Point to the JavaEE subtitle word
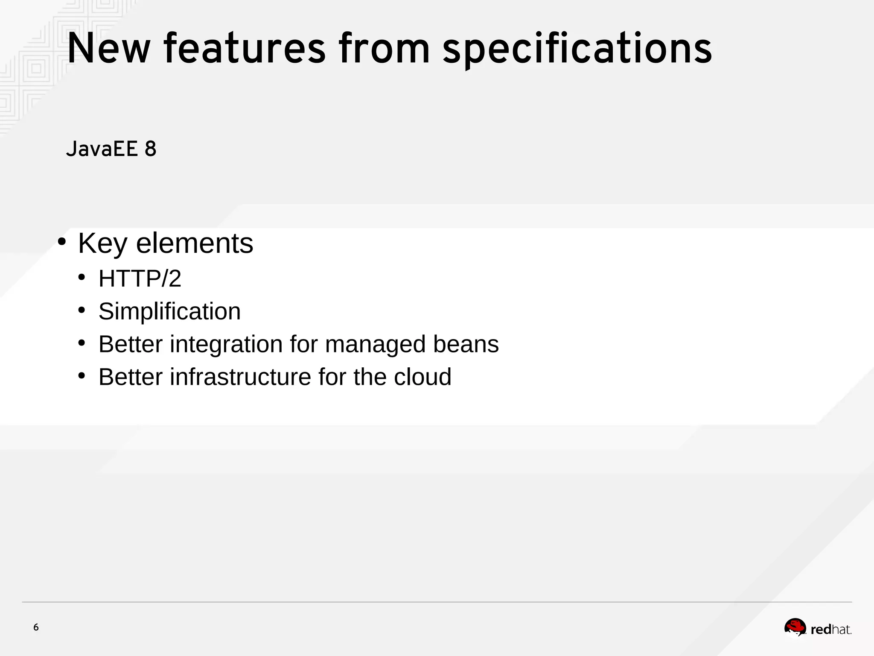tap(102, 149)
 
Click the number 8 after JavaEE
tap(150, 149)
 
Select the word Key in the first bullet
tap(102, 243)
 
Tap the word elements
tap(195, 243)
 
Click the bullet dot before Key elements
tap(62, 242)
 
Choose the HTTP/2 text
tap(140, 278)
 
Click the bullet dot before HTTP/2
tap(82, 277)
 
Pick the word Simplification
tap(169, 311)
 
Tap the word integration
tap(226, 344)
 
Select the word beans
tap(466, 344)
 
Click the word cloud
tap(422, 377)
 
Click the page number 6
tap(36, 627)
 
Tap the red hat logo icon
tap(795, 628)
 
